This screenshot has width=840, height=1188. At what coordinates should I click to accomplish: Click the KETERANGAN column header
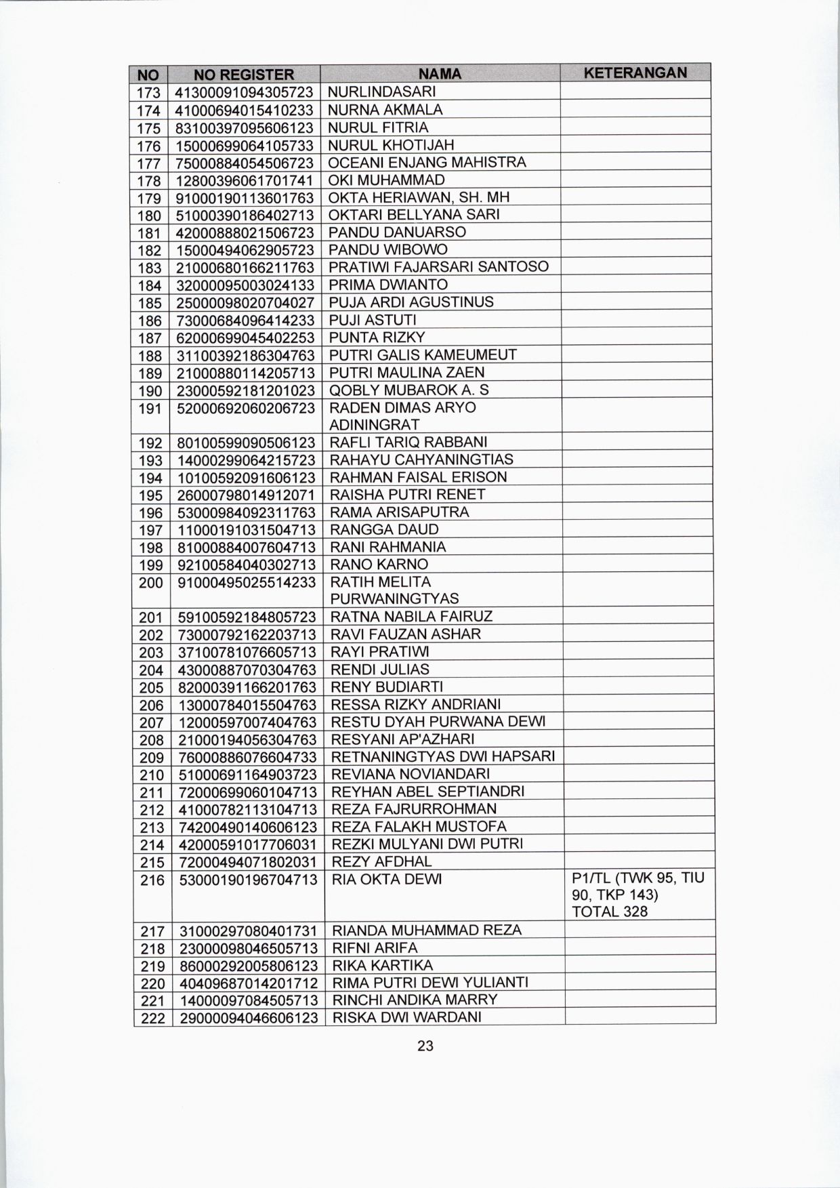coord(635,73)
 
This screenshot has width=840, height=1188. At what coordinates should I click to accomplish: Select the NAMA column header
coord(440,74)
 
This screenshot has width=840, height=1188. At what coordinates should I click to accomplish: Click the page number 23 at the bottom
coord(425,1046)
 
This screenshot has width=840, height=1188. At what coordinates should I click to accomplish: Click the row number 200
coord(151,582)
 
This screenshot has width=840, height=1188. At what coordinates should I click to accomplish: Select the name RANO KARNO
coord(379,565)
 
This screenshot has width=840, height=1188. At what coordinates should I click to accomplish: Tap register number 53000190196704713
coord(247,880)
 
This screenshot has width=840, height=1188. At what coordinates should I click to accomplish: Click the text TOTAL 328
coord(610,912)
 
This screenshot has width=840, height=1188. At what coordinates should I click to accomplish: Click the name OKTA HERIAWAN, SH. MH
coord(419,197)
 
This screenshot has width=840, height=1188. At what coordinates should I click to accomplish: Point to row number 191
coord(150,408)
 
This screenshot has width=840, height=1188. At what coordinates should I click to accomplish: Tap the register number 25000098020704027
coord(245,302)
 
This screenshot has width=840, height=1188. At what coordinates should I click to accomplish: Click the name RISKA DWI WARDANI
coord(406,1017)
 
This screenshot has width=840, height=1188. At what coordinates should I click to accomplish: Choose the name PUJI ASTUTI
coord(373,320)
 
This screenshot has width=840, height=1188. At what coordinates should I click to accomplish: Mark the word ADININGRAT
coord(375,425)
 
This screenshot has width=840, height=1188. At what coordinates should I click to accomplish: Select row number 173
coord(148,92)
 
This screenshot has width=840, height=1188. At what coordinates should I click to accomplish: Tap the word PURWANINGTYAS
coord(394,599)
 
